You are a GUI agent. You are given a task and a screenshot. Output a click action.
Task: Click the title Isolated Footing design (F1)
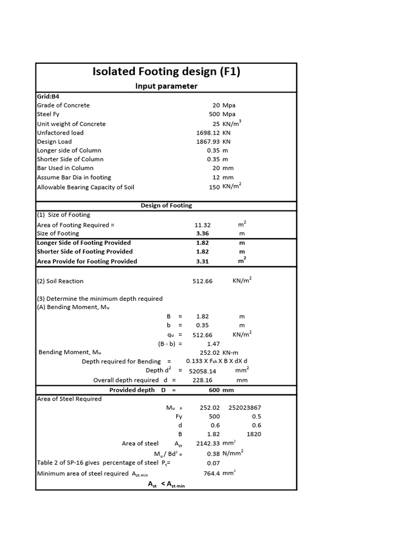tap(166, 72)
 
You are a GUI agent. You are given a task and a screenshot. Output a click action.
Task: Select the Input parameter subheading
tap(166, 86)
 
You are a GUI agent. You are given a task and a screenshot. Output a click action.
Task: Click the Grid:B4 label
tap(48, 96)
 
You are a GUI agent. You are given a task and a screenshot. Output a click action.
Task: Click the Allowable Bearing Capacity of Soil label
tap(85, 187)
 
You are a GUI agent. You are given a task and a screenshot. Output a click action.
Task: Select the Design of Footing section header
tap(166, 205)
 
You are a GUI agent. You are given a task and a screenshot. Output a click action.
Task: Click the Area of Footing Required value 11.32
tap(202, 225)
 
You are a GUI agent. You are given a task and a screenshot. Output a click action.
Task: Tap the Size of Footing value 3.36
tap(202, 233)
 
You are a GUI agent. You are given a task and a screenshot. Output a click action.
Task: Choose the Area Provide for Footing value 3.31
tap(202, 261)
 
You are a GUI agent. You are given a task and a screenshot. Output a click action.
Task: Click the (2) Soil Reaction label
tap(60, 281)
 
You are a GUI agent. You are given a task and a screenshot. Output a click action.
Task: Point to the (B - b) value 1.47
tap(213, 344)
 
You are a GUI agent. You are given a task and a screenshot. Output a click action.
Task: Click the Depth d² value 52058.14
tap(202, 371)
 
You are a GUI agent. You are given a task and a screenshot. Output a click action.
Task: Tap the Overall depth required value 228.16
tap(202, 380)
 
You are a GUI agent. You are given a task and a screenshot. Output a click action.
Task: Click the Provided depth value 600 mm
tap(221, 390)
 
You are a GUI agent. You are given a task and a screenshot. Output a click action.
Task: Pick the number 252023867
tap(245, 407)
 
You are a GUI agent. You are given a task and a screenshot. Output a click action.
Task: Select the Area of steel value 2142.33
tap(209, 443)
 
